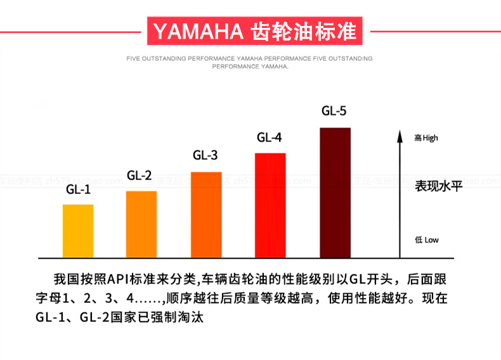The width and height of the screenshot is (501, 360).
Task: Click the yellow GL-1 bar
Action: tap(78, 231)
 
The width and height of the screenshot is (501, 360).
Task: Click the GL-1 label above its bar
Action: tap(79, 190)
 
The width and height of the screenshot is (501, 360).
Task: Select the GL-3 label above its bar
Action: tap(205, 155)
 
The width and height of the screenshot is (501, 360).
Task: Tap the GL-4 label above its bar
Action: tap(270, 138)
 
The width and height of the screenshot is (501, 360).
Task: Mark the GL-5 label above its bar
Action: tap(334, 111)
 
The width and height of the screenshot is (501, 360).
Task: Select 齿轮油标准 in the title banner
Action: tap(304, 31)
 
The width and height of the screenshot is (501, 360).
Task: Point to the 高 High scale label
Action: tap(426, 138)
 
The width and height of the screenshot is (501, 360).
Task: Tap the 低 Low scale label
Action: tap(426, 240)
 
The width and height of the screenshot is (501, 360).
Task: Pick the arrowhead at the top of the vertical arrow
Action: tap(400, 136)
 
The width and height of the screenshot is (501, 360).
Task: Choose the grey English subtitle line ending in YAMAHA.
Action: tap(250, 66)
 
